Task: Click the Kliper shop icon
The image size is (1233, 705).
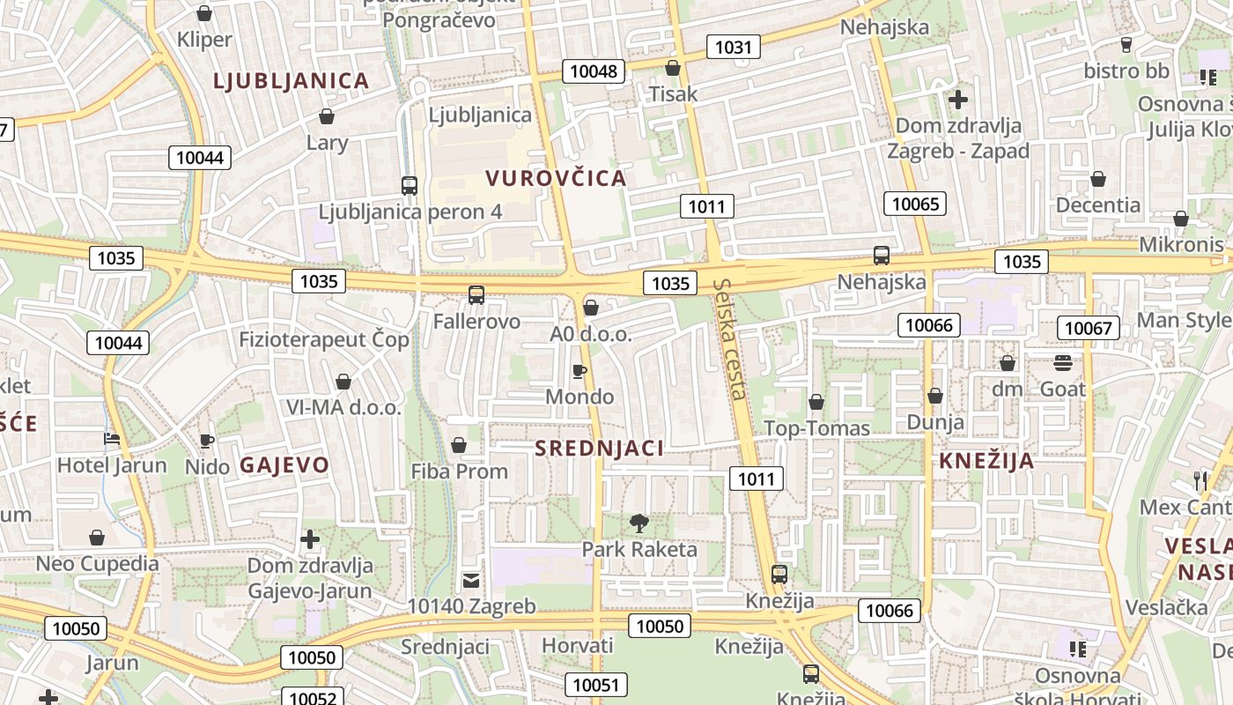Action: (204, 13)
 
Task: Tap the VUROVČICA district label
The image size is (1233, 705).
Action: (556, 178)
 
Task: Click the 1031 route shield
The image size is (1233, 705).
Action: (733, 47)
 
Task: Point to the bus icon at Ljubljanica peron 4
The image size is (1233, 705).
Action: (409, 186)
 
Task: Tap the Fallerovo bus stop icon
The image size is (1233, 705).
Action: (476, 295)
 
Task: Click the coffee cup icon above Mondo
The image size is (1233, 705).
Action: (579, 371)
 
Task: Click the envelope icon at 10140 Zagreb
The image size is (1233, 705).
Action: (471, 581)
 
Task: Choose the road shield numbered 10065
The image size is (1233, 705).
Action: (915, 204)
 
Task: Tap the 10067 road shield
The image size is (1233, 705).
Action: (1089, 328)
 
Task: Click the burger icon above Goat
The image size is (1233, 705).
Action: (1062, 363)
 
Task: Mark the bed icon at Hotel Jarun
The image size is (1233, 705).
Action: (112, 439)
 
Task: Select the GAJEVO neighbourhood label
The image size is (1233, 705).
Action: (284, 464)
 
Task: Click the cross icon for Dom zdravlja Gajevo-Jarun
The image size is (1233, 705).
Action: (310, 538)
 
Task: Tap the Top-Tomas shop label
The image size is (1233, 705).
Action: (816, 428)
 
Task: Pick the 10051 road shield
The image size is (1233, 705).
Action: (596, 685)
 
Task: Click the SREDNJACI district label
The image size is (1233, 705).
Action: (599, 448)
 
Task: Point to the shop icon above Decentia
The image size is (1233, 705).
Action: (1098, 180)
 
